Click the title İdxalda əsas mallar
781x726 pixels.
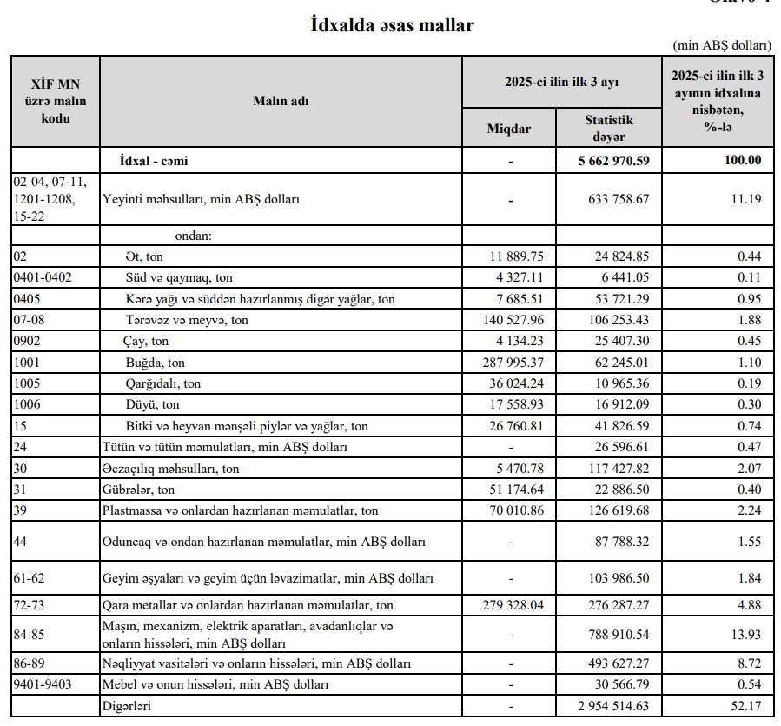pyautogui.click(x=393, y=25)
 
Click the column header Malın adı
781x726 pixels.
pyautogui.click(x=281, y=101)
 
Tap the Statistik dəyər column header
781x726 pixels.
pyautogui.click(x=608, y=129)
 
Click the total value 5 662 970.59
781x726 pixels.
pyautogui.click(x=614, y=161)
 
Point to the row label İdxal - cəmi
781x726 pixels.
pyautogui.click(x=154, y=161)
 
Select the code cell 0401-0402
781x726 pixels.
pyautogui.click(x=43, y=277)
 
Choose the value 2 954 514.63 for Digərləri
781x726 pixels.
pyautogui.click(x=614, y=706)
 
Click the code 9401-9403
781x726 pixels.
pyautogui.click(x=43, y=684)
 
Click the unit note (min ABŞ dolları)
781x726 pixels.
pyautogui.click(x=722, y=44)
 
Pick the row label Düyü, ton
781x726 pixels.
pyautogui.click(x=153, y=404)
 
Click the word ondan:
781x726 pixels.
pyautogui.click(x=194, y=235)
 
